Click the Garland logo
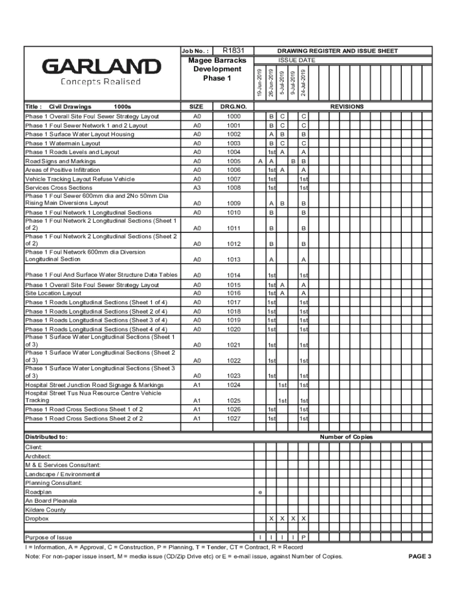100,72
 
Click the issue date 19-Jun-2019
260,83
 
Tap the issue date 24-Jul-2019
303,83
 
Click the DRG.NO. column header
233,107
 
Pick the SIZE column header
196,107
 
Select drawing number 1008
233,188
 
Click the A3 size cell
196,188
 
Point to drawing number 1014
233,276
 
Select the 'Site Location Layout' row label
53,293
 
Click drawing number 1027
233,418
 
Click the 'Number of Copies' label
346,437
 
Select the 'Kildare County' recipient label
45,510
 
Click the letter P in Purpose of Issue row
303,538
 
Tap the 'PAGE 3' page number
420,557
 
